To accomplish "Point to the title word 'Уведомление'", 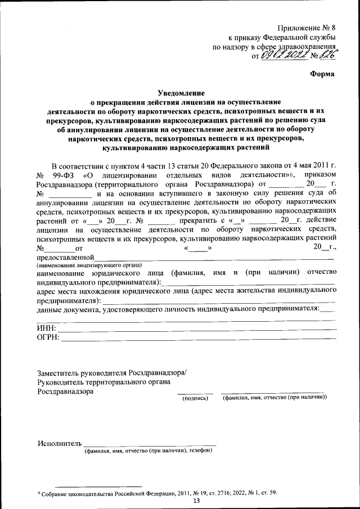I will tap(180, 92).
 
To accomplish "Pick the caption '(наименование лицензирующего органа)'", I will tap(89, 264).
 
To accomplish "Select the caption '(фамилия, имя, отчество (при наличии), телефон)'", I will tap(148, 451).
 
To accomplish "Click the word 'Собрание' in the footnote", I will tap(56, 493).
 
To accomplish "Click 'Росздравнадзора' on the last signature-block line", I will tap(65, 392).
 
